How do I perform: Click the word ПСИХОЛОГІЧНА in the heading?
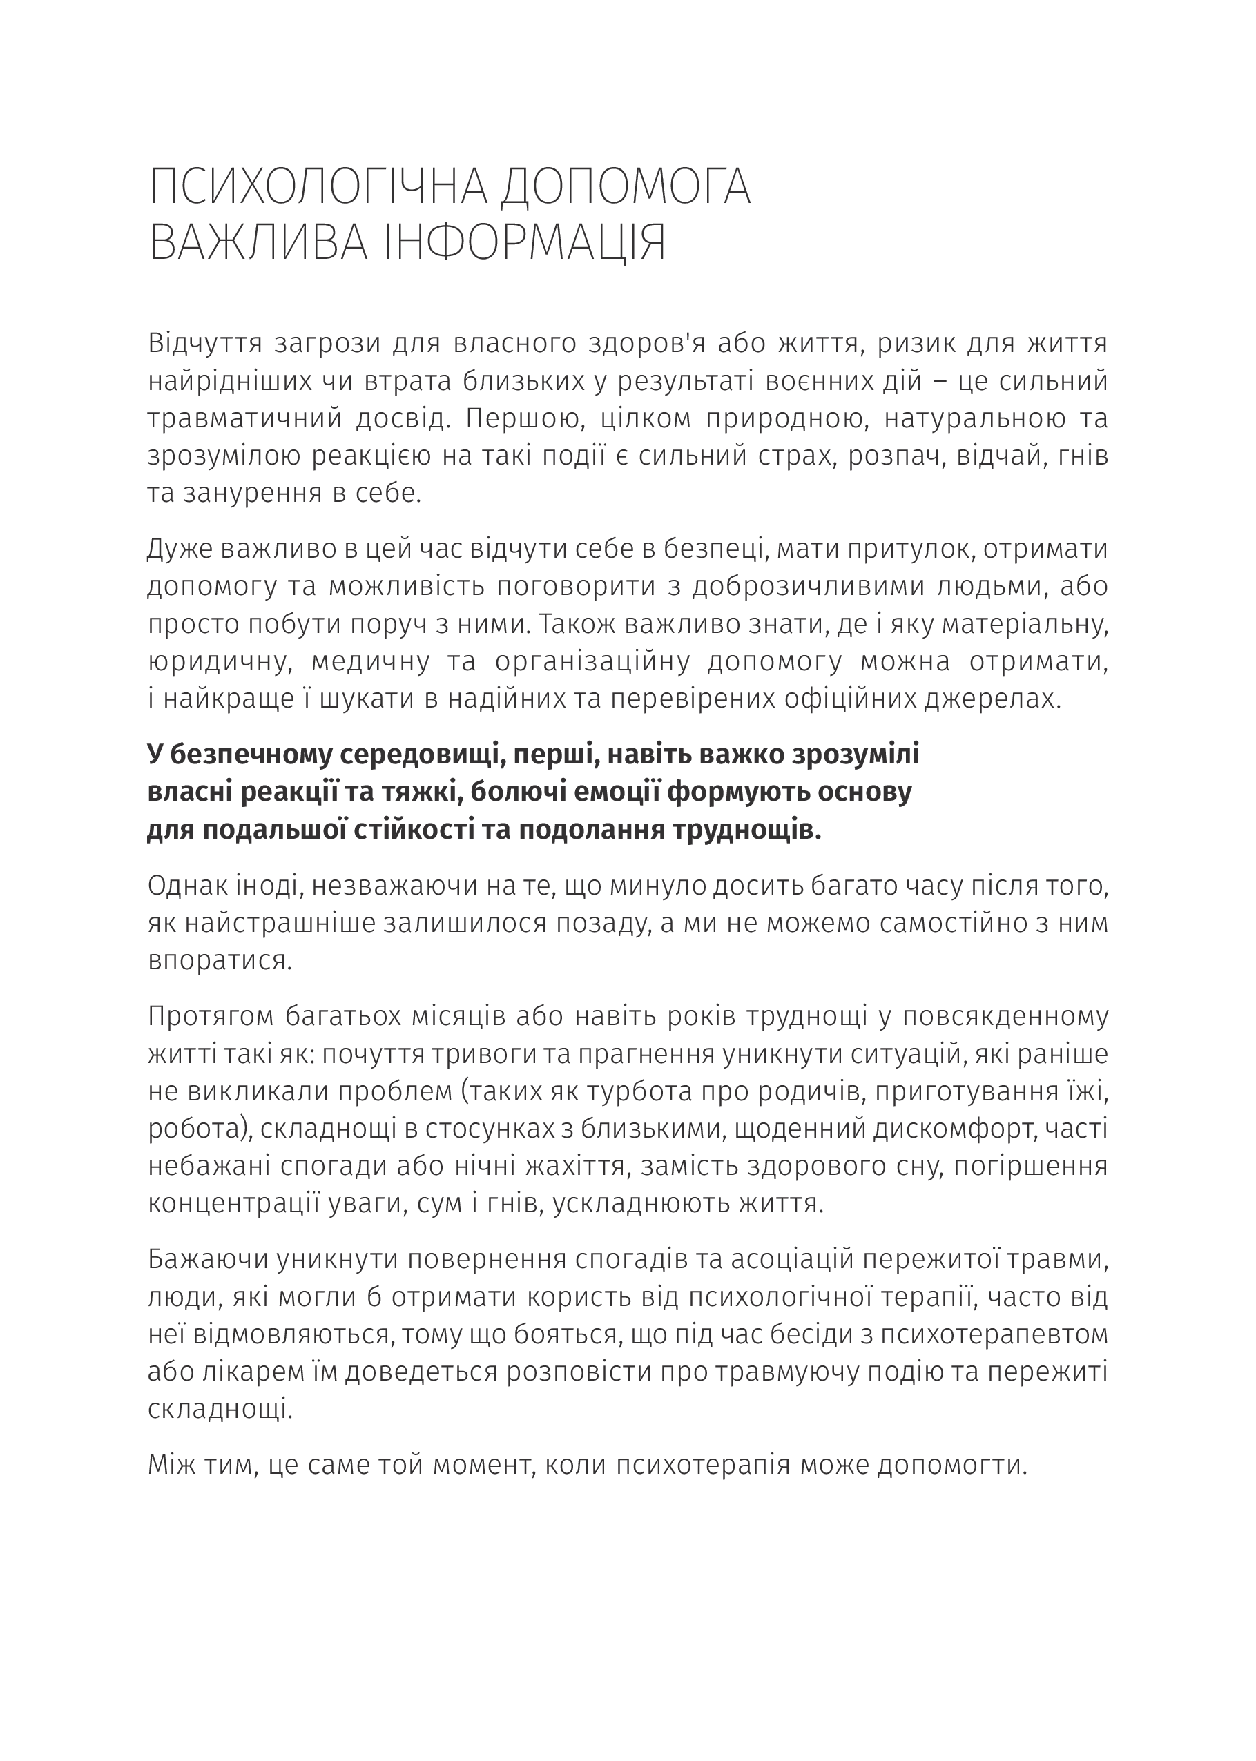pos(318,186)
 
